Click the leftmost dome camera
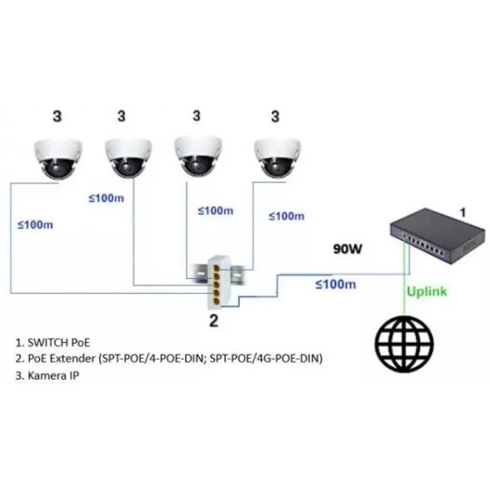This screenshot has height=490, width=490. click(58, 159)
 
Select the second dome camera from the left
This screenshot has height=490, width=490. click(129, 158)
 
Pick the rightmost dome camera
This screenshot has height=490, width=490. click(277, 158)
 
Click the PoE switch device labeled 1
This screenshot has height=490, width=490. click(437, 236)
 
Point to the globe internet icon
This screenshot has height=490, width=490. click(404, 344)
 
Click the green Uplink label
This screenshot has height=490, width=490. click(427, 292)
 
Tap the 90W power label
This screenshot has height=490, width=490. click(347, 249)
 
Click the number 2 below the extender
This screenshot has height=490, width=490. click(213, 320)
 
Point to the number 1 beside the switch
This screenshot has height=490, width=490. click(463, 213)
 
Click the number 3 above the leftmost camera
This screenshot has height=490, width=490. click(57, 116)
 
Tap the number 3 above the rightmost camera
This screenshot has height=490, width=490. click(275, 116)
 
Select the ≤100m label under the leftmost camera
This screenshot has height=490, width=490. click(36, 225)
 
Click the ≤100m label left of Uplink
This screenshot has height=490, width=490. click(336, 284)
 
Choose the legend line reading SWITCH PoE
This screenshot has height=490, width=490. click(53, 343)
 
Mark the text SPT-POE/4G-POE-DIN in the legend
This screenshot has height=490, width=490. click(266, 358)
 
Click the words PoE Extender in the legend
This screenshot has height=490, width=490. click(61, 358)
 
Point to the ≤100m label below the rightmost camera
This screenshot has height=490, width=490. click(287, 216)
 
